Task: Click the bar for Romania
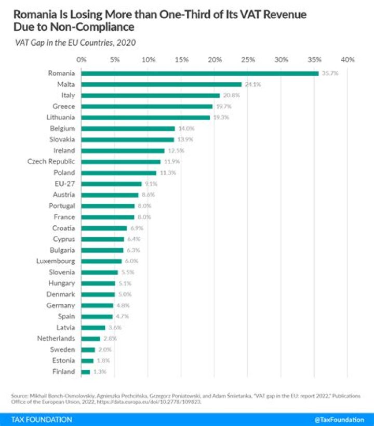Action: click(200, 73)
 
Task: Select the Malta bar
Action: click(162, 84)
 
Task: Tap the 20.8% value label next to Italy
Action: click(231, 96)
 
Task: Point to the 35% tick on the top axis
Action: click(314, 59)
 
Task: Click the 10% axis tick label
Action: click(148, 59)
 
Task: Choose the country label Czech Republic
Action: click(51, 161)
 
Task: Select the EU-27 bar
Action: click(112, 184)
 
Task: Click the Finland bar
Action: click(86, 372)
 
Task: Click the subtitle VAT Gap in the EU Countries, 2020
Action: click(76, 43)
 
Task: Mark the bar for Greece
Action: click(147, 107)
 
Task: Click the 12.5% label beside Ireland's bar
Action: click(176, 150)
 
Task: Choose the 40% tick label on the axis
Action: click(348, 59)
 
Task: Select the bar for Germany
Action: click(97, 305)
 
